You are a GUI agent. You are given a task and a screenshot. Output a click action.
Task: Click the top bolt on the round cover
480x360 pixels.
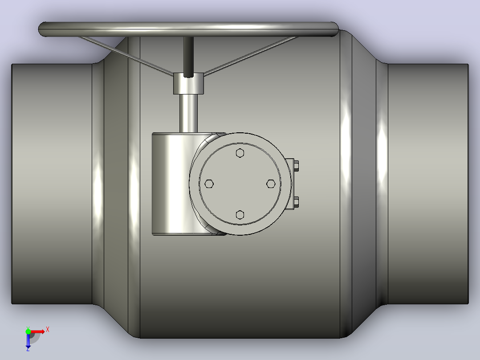point(240,153)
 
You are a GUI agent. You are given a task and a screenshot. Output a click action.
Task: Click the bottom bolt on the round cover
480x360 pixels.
point(240,215)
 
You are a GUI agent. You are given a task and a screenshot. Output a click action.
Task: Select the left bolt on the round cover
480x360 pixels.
point(209,184)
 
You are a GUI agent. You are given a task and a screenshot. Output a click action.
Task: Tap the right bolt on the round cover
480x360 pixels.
point(271,184)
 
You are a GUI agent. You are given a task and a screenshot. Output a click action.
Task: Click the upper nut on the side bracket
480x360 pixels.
point(296,166)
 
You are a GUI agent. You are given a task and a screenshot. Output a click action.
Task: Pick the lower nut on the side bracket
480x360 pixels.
point(296,202)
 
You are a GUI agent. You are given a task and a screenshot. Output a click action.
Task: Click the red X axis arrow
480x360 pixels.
point(37,332)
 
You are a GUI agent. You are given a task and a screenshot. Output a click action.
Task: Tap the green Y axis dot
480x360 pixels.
point(28,331)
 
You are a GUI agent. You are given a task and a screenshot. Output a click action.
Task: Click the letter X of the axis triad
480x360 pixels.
point(48,330)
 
